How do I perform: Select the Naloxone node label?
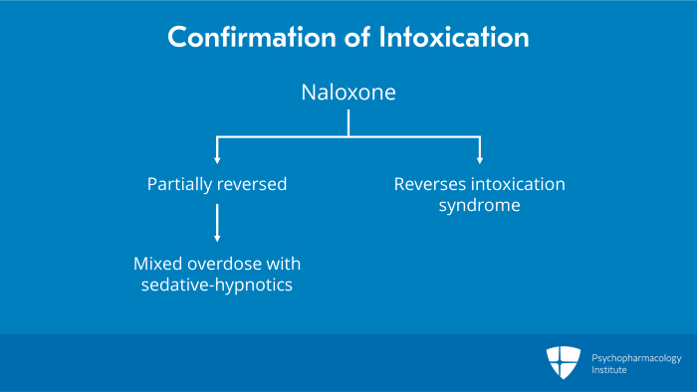pos(348,94)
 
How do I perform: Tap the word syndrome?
pos(480,207)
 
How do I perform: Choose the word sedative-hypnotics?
pos(217,288)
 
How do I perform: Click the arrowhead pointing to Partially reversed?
pos(217,158)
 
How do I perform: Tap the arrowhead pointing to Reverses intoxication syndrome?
pos(480,158)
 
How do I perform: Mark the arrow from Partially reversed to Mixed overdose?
pos(217,224)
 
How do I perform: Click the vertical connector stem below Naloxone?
pos(348,123)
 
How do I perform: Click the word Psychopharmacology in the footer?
pos(637,355)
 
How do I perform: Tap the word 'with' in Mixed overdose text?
pos(285,265)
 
